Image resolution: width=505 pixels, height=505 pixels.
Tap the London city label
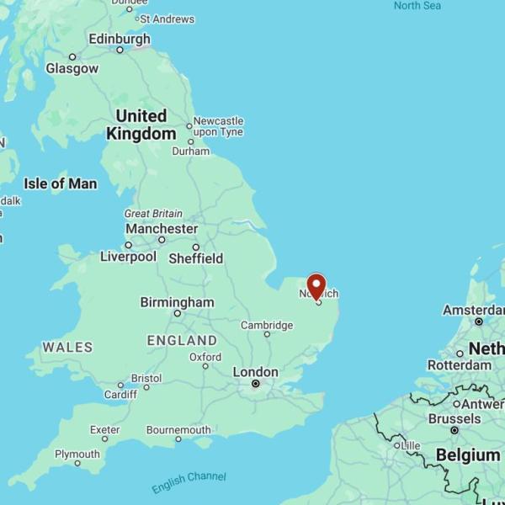tap(255, 372)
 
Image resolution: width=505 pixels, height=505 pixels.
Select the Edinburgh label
tap(120, 39)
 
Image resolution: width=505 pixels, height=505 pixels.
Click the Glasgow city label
tap(72, 68)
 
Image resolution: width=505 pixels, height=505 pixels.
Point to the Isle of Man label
tap(60, 183)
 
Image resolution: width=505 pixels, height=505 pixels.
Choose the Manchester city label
tap(162, 229)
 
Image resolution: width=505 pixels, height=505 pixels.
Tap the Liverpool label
tap(128, 257)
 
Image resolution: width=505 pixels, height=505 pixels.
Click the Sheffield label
tap(195, 258)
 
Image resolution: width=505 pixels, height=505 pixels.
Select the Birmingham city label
tap(177, 302)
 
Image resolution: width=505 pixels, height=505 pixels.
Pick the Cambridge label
tap(267, 325)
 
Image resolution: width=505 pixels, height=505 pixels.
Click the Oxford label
tap(205, 357)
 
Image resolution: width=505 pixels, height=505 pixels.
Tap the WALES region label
tap(67, 347)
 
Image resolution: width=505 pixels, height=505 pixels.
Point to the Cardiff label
tap(120, 394)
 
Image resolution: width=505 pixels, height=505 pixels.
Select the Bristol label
tap(146, 379)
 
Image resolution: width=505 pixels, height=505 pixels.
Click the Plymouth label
tap(77, 454)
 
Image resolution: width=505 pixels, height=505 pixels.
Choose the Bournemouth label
tap(178, 430)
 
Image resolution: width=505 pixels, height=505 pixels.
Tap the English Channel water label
tap(189, 482)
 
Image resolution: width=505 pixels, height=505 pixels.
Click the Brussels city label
tap(454, 418)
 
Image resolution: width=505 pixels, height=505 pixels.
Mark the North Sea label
tap(417, 6)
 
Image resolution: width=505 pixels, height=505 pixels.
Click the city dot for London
tap(256, 385)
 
